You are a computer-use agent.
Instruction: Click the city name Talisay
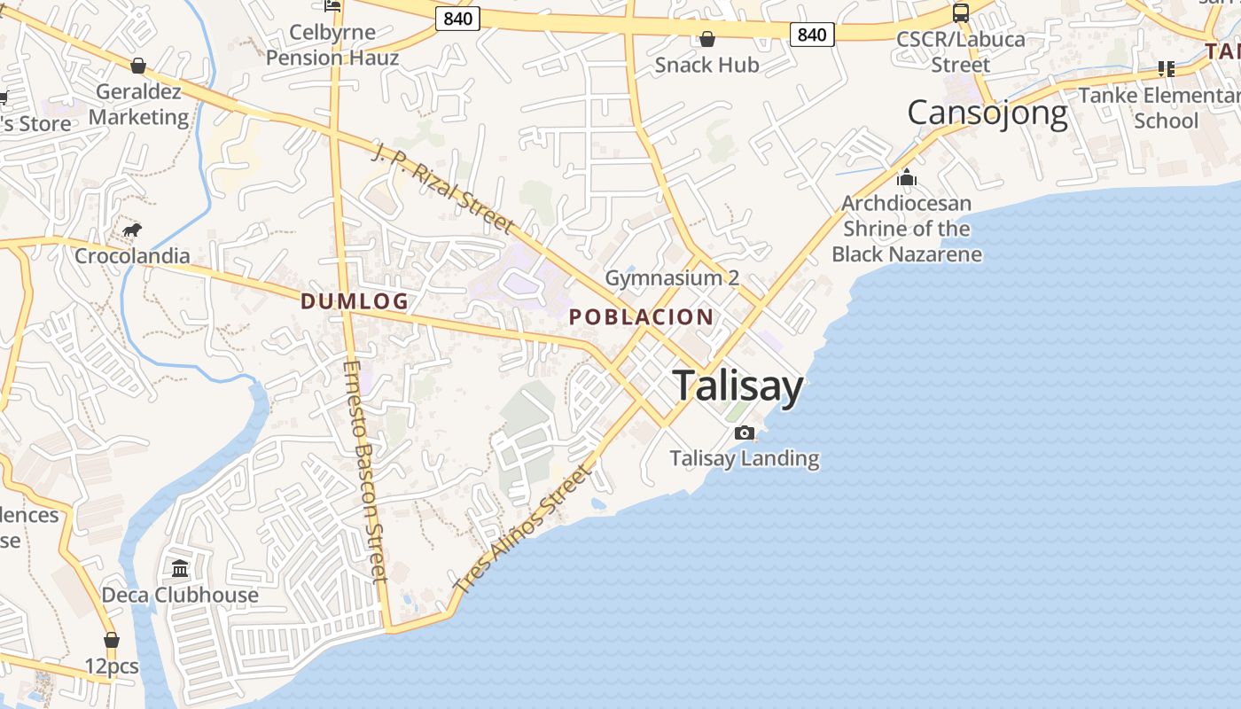[738, 386]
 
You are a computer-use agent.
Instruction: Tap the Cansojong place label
[987, 113]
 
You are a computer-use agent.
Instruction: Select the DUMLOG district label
[355, 301]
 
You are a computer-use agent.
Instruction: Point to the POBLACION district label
[641, 316]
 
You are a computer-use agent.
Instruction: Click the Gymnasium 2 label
[672, 278]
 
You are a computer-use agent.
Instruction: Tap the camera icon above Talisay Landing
[745, 432]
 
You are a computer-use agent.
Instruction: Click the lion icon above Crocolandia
[132, 231]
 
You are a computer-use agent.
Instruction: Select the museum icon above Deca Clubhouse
[180, 568]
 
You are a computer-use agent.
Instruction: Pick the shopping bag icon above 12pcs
[111, 640]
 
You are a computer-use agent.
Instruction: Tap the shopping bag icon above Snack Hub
[706, 39]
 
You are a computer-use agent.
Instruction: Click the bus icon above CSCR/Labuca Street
[960, 13]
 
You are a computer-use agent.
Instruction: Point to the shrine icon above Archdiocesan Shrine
[906, 177]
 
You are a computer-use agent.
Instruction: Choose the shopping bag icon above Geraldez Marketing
[138, 66]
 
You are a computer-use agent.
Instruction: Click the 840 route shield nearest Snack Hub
[811, 35]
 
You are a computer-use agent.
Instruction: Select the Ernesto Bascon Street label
[365, 470]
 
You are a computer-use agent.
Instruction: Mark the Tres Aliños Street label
[520, 530]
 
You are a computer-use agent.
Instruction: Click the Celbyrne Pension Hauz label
[332, 45]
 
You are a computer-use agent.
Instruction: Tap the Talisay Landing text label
[745, 458]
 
